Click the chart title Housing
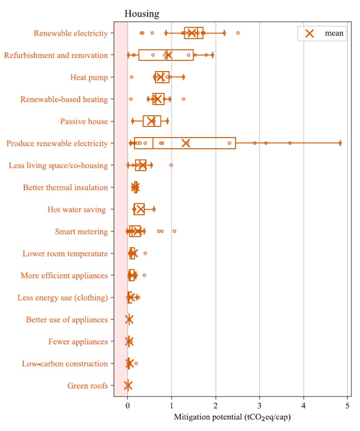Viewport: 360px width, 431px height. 142,14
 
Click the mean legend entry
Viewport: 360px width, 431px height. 322,34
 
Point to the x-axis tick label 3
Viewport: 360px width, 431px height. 259,406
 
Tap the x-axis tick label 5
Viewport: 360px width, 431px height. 347,406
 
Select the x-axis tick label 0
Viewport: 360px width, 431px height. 127,406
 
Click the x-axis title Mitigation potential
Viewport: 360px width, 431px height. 208,417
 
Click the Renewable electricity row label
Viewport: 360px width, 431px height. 71,34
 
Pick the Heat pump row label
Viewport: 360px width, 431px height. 89,77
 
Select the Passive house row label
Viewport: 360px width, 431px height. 84,121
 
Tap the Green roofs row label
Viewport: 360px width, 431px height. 87,386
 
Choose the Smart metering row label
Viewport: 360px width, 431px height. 81,231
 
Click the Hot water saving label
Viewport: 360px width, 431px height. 77,210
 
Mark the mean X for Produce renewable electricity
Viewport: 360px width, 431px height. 186,143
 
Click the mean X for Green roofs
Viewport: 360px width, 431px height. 127,385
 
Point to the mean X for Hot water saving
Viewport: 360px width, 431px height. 140,209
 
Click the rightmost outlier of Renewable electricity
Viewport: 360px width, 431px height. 238,33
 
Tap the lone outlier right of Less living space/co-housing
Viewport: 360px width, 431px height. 171,165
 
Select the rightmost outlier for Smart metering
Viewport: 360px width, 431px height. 174,231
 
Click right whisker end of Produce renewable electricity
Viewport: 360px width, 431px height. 340,143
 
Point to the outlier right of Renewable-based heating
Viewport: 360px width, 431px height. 183,99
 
